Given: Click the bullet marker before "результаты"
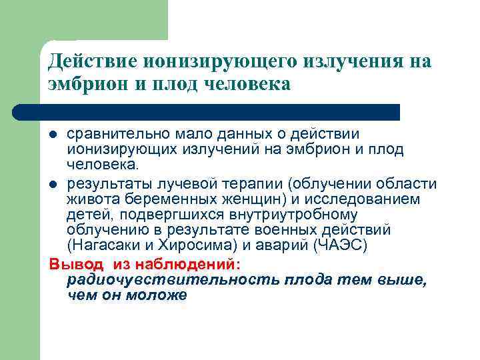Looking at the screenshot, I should pos(54,184).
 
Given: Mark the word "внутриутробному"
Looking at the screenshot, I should pos(297,215).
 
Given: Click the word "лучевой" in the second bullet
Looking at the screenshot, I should pos(175,184).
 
